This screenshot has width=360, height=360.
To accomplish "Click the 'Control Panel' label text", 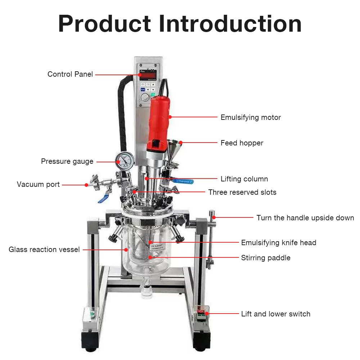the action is [70, 74].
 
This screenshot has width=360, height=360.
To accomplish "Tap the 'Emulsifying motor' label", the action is [251, 118].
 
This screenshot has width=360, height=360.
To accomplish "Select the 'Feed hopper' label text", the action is [242, 143].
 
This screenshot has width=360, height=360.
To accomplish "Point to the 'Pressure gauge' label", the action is [67, 161].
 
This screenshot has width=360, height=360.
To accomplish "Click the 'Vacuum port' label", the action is [38, 184].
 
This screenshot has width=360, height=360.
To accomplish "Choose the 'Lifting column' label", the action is [244, 179].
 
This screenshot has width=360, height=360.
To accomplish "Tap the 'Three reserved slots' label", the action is [242, 192].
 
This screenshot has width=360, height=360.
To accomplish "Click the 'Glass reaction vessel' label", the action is [44, 249].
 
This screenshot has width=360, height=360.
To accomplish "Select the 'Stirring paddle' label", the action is [266, 258].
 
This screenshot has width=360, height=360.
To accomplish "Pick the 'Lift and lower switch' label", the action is [275, 314].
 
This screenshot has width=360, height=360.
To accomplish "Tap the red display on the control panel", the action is [148, 75].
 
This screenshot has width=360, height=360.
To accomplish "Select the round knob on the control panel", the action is [145, 97].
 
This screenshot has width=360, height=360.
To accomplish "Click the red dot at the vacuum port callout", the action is [86, 185].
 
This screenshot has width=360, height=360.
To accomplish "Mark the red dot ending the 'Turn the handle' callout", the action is [214, 217].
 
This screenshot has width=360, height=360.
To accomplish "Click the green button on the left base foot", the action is [92, 314].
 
